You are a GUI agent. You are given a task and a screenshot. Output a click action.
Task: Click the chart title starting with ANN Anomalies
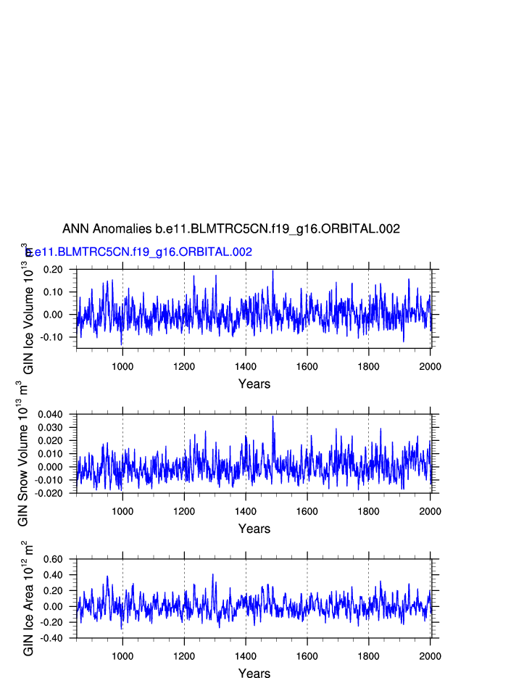pos(230,229)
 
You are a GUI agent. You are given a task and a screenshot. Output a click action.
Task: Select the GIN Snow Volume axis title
pos(22,454)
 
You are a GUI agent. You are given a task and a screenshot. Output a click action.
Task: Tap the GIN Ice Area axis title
pos(28,599)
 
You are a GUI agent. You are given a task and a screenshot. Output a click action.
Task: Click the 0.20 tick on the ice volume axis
pos(53,270)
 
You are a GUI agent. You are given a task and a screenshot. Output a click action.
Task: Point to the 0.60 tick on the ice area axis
pos(53,559)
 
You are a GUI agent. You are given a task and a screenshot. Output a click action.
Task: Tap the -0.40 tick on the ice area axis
pos(51,638)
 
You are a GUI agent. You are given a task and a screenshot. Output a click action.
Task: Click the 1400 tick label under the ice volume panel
pos(246,366)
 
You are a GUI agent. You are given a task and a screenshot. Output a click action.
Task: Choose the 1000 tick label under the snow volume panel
pos(122,511)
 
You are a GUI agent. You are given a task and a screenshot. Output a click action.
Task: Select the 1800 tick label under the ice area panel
pos(369,656)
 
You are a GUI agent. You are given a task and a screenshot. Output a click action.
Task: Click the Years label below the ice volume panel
pos(254,384)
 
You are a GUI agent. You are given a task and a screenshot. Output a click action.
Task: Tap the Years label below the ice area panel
pos(254,674)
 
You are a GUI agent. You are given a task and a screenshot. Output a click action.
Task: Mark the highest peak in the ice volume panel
pos(273,270)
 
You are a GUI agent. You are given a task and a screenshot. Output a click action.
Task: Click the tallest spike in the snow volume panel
pos(273,416)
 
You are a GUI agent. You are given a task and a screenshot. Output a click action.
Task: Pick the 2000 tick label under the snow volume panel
pos(430,511)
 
